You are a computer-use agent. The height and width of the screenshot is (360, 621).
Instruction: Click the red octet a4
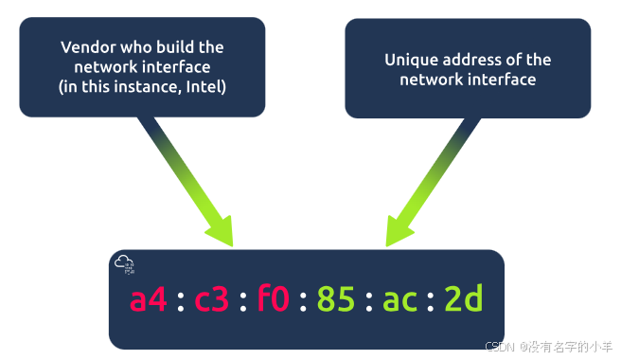[149, 300]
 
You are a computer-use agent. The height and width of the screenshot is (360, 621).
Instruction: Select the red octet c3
[212, 300]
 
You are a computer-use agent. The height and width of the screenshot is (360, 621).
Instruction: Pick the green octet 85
[337, 300]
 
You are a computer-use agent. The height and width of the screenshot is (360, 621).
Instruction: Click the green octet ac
[400, 300]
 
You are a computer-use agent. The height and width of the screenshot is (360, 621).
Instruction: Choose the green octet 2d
[464, 300]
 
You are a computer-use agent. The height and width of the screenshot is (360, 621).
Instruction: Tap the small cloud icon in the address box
[123, 263]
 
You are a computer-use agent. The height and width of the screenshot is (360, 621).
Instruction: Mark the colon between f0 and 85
[305, 302]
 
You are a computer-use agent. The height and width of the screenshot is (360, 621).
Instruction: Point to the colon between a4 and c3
[180, 302]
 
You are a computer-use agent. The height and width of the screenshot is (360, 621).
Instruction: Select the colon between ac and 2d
[432, 302]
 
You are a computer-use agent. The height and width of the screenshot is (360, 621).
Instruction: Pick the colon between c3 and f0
[243, 302]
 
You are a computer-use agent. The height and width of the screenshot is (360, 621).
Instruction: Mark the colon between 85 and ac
[369, 302]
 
